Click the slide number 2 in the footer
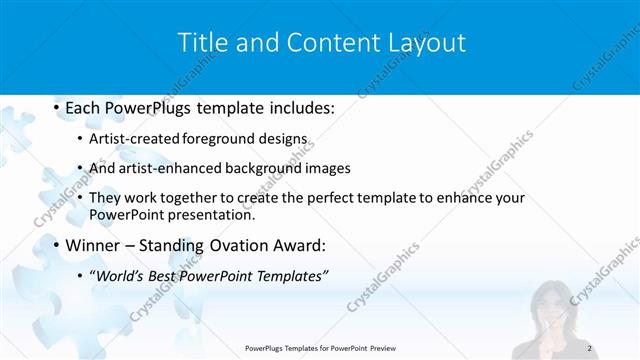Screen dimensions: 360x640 click(x=591, y=347)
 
